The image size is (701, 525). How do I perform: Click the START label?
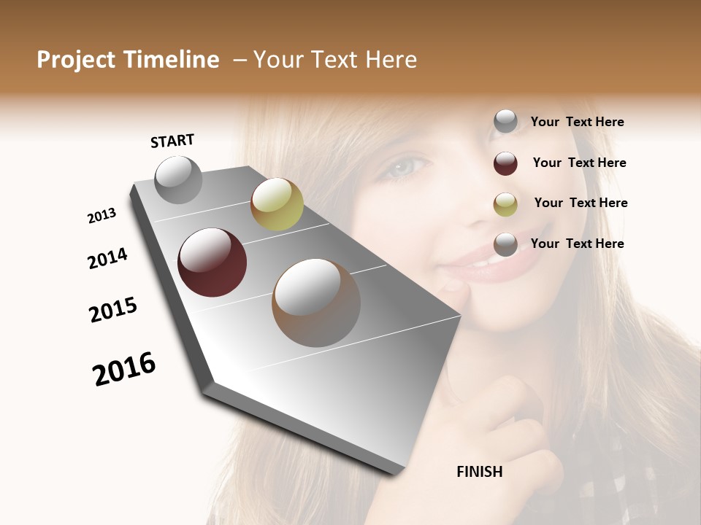[172, 141]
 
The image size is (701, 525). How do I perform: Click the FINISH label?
[479, 472]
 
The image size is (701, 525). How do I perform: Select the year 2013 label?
[101, 216]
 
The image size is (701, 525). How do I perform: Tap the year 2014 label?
[107, 258]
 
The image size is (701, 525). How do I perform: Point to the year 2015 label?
[113, 310]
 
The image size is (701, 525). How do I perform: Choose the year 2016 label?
[124, 368]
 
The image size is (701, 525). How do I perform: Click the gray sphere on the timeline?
[178, 180]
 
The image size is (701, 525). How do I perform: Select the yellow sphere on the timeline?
[277, 204]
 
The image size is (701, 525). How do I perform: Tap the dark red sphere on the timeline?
[212, 262]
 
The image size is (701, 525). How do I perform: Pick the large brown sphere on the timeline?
[316, 303]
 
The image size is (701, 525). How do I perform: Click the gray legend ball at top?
[505, 122]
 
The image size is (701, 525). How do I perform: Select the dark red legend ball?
[505, 163]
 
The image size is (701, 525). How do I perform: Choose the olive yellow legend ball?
[505, 204]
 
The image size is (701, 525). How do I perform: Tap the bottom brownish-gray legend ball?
[505, 245]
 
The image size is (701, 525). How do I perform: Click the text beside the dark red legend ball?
[579, 163]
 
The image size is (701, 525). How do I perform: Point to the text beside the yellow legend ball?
[581, 203]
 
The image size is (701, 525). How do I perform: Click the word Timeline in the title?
[172, 60]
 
